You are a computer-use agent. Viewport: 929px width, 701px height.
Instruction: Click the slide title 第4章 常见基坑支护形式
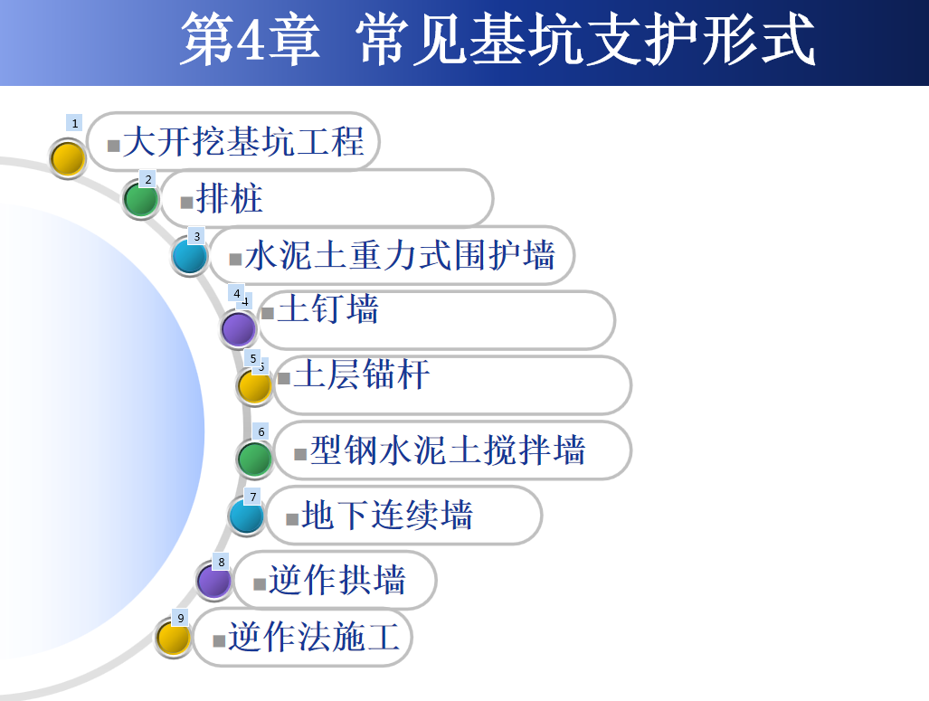[x=498, y=39]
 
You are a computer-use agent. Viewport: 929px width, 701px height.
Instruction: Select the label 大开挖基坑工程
[x=243, y=142]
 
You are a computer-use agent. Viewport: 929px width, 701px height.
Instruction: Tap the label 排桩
[x=229, y=198]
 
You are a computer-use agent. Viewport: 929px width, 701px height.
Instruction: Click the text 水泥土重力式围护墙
[x=400, y=255]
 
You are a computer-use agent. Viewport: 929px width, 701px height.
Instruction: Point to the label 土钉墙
[x=327, y=308]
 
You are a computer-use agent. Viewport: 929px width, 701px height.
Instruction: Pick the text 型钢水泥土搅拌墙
[x=448, y=450]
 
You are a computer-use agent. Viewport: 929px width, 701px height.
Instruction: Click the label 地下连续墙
[x=387, y=515]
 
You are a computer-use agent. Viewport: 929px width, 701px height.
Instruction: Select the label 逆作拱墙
[x=337, y=580]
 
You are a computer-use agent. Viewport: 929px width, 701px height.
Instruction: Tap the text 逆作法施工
[x=314, y=637]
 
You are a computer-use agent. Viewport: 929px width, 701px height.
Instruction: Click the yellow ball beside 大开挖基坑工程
[x=68, y=158]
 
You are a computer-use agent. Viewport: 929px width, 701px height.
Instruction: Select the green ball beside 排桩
[x=141, y=199]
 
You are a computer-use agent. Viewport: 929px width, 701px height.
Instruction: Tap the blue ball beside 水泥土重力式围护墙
[x=190, y=257]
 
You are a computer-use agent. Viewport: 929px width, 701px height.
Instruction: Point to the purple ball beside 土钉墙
[x=239, y=329]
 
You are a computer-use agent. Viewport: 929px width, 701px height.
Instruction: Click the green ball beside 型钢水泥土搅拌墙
[x=255, y=459]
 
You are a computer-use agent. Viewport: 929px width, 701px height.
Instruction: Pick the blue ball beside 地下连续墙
[x=246, y=516]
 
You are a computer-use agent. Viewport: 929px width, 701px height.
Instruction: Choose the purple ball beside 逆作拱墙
[x=213, y=581]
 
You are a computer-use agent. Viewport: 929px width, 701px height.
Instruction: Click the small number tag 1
[x=74, y=123]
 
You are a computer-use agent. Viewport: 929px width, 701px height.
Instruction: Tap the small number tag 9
[x=181, y=618]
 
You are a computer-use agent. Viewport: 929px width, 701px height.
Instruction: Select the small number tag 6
[x=261, y=431]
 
